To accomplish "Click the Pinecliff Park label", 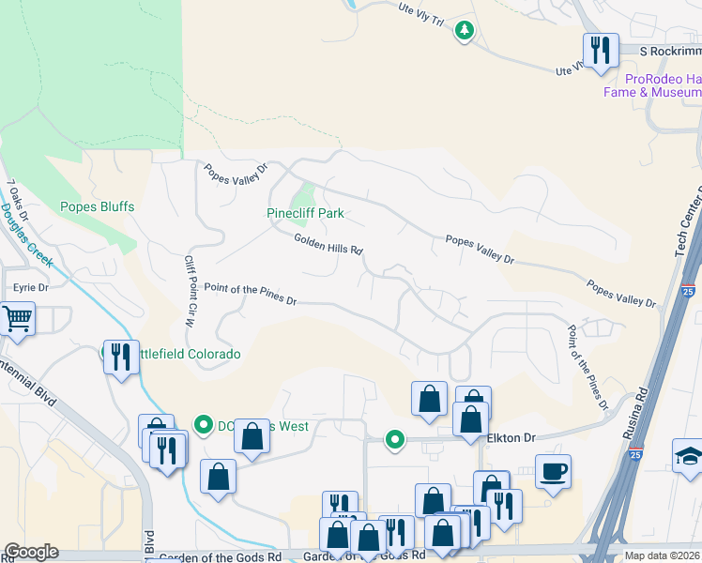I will [x=305, y=213].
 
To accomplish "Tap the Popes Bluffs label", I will [x=98, y=206].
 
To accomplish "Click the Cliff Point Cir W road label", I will [x=189, y=291].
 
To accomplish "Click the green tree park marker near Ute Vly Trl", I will [x=464, y=31].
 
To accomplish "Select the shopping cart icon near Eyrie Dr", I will [x=17, y=319].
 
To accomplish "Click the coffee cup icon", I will [x=553, y=470].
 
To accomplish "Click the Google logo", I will [x=31, y=552].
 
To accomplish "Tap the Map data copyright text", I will [x=663, y=555].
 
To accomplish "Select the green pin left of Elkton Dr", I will [x=396, y=438].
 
